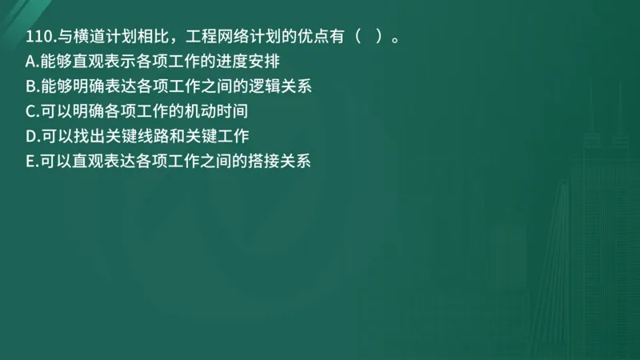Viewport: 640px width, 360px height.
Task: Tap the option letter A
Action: coord(30,62)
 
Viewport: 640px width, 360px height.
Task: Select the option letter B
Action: coord(30,86)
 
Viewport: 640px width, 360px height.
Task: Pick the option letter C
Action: coord(30,111)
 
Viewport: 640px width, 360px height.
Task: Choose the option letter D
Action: coord(30,136)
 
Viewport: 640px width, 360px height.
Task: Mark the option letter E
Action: coord(30,161)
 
